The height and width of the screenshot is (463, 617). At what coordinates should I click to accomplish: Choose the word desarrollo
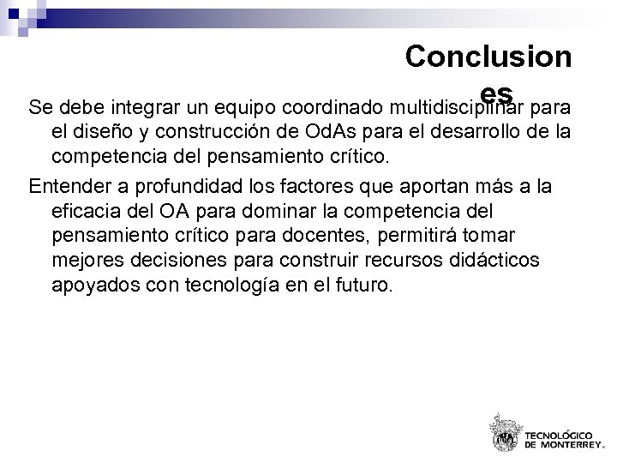476,133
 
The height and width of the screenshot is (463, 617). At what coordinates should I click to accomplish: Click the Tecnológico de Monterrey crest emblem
504,432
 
